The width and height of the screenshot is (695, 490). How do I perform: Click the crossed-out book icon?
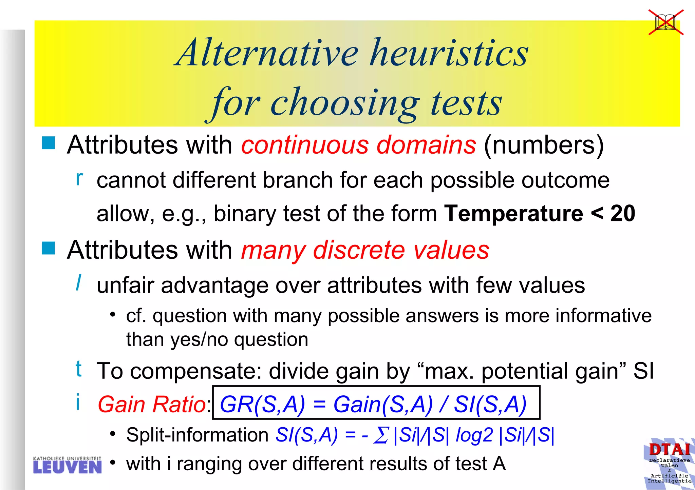(666, 22)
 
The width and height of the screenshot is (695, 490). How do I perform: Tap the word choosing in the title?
(344, 103)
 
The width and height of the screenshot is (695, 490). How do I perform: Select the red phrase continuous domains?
(358, 145)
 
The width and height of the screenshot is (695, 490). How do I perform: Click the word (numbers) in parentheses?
(544, 145)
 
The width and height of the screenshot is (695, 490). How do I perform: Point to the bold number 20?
(622, 213)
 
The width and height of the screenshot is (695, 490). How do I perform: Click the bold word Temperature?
(513, 213)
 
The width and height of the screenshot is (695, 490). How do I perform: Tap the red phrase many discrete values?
(365, 250)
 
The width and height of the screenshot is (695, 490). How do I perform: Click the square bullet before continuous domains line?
(49, 143)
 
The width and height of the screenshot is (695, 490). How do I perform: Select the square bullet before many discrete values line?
(49, 248)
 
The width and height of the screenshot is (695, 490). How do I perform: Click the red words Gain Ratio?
(152, 404)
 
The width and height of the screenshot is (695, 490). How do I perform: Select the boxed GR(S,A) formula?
(376, 403)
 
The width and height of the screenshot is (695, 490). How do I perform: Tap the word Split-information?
(197, 435)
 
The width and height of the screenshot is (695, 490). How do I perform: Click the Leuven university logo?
(67, 465)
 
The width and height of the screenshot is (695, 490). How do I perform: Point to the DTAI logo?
(669, 463)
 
